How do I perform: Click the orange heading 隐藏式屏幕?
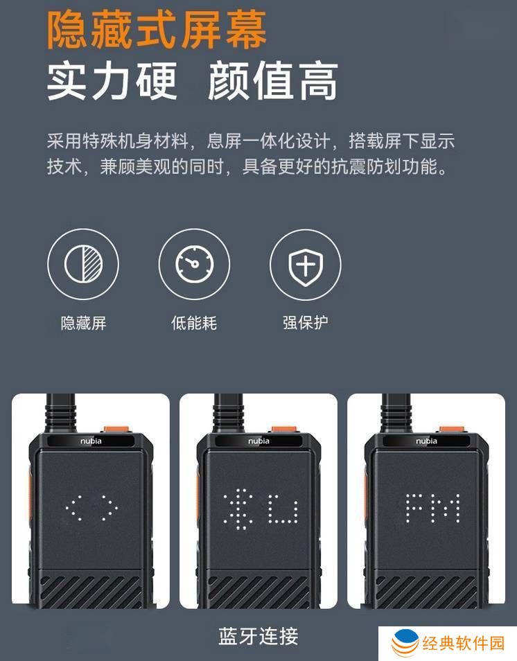click(157, 30)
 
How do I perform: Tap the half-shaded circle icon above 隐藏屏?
click(83, 264)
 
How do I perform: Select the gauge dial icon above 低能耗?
click(195, 264)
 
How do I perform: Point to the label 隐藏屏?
click(83, 324)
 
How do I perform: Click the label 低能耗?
click(194, 324)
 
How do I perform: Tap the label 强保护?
click(306, 323)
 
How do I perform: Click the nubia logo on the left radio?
click(91, 441)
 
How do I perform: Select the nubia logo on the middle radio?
click(258, 441)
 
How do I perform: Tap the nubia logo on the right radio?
click(426, 441)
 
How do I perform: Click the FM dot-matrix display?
click(432, 509)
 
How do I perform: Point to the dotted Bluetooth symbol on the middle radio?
click(238, 509)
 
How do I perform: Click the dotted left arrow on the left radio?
click(74, 508)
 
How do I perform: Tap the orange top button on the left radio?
click(117, 430)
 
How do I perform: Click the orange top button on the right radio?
click(453, 430)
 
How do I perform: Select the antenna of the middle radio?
click(228, 413)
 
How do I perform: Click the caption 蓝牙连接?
click(258, 636)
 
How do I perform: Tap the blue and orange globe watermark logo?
click(405, 643)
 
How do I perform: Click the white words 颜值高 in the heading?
click(272, 81)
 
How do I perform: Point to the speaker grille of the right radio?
click(426, 592)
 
